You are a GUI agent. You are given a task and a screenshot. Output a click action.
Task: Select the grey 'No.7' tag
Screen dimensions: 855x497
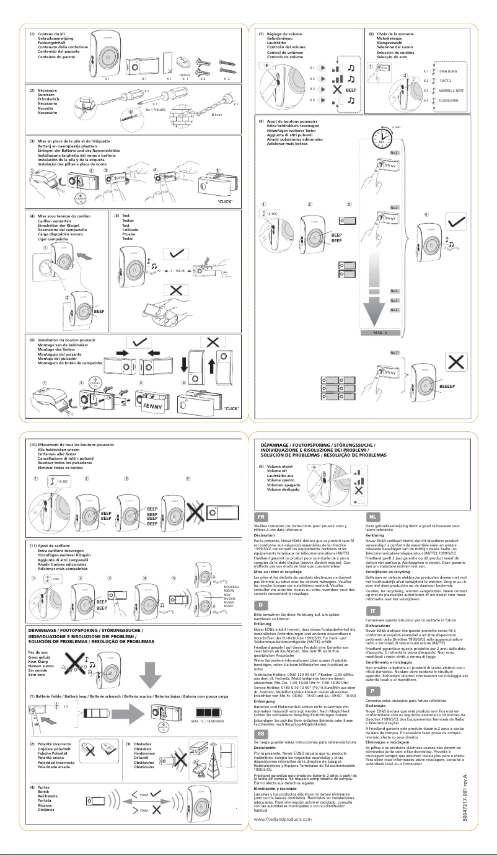[x=394, y=353]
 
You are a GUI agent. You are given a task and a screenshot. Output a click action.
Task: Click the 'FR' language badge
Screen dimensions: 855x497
[x=262, y=515]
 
